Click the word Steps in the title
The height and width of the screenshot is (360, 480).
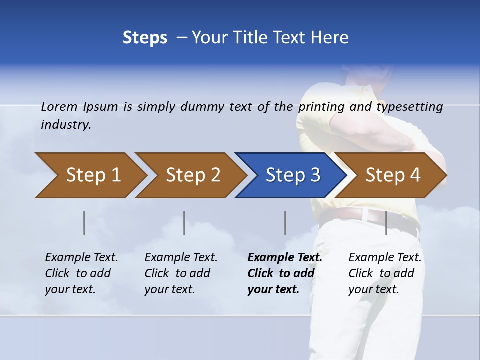coord(145,38)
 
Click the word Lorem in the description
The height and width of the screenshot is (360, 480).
coord(59,106)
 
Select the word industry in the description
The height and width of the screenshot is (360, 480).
coord(65,124)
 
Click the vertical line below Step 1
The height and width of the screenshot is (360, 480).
coord(84,223)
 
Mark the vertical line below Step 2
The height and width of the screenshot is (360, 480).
coord(184,223)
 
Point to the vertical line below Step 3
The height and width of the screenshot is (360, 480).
coord(285,223)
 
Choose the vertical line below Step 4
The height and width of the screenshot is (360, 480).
coord(386,223)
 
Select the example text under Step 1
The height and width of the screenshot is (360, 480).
coord(81,273)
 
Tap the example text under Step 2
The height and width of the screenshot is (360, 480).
coord(181,273)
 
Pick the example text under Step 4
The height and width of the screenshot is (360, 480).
coord(385,273)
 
